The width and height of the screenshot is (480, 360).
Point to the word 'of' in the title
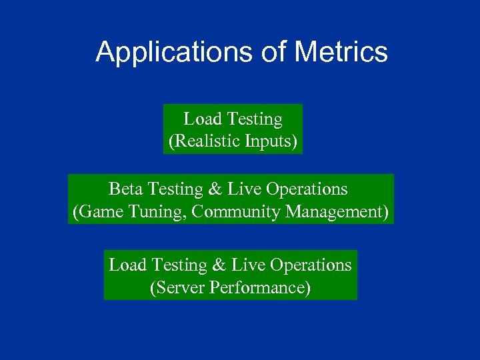(272, 53)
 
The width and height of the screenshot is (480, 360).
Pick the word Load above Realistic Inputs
(203, 119)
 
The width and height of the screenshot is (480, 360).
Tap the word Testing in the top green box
(255, 120)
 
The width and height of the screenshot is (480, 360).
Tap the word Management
(337, 213)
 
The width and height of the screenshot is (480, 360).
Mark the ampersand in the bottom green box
(219, 265)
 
